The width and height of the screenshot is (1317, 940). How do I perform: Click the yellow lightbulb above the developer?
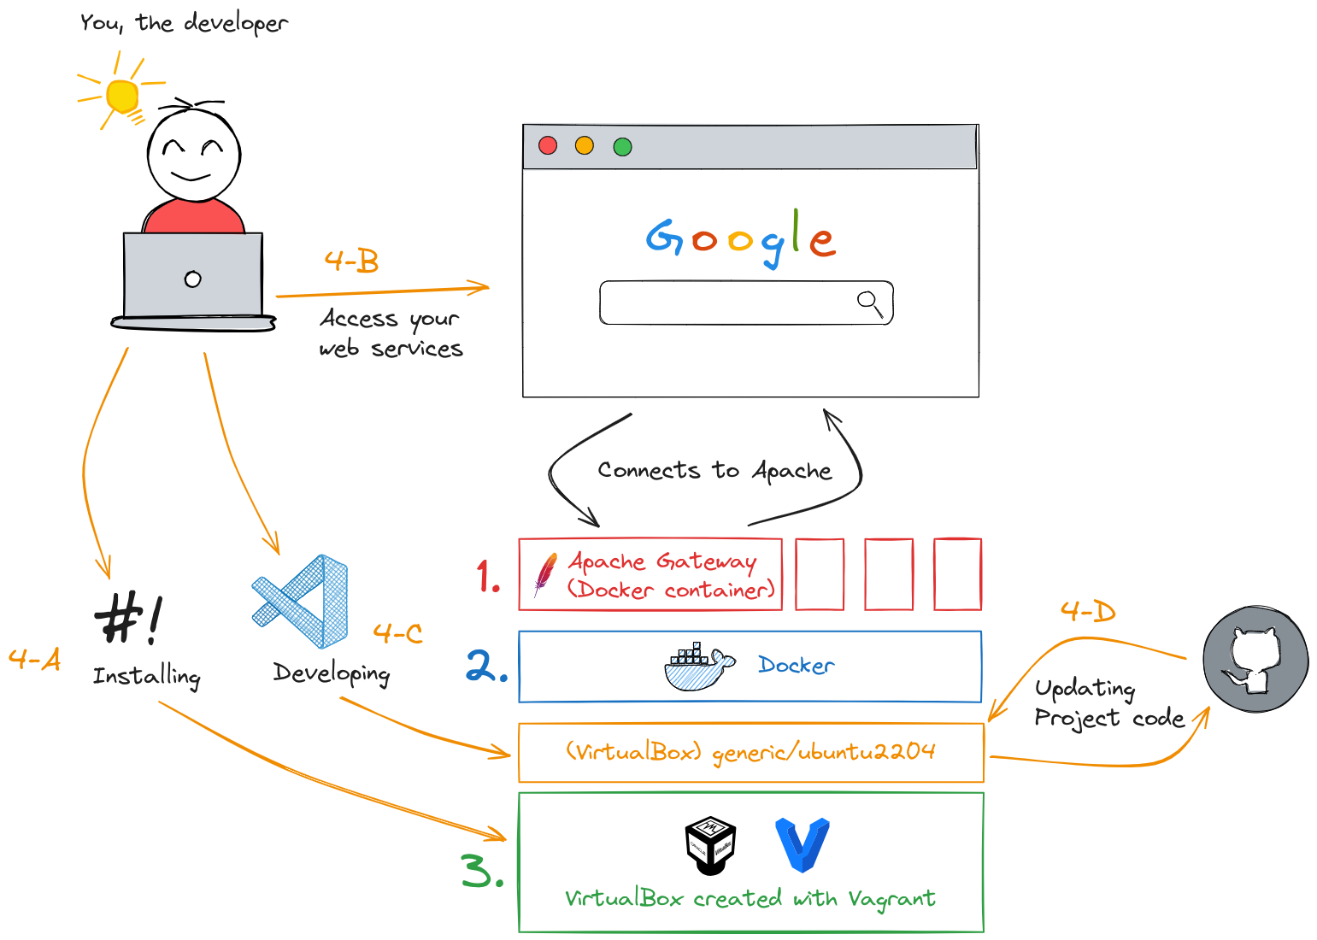click(122, 96)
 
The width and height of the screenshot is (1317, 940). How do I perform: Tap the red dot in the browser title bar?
click(548, 145)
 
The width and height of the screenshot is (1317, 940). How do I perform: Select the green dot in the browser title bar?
click(622, 147)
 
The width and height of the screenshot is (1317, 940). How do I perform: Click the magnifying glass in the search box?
click(869, 303)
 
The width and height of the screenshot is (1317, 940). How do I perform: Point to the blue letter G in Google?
click(664, 238)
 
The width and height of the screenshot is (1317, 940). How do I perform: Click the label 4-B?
click(351, 261)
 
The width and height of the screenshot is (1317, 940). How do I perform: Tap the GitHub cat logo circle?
click(1255, 659)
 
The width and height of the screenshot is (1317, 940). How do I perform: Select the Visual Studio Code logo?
click(301, 601)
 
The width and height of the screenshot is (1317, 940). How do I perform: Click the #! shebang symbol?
click(127, 617)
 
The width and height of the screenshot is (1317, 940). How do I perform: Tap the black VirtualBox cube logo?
click(710, 845)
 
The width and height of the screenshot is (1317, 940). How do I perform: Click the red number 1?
click(487, 576)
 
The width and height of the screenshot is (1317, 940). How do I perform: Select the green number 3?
click(481, 872)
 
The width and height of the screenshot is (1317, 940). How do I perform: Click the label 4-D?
click(1087, 611)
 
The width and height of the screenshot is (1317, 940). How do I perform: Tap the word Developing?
click(332, 673)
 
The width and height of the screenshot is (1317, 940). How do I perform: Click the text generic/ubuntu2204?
click(823, 752)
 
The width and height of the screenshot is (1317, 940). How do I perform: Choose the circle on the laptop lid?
click(193, 279)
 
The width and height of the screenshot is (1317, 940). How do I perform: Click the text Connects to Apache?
click(714, 471)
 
